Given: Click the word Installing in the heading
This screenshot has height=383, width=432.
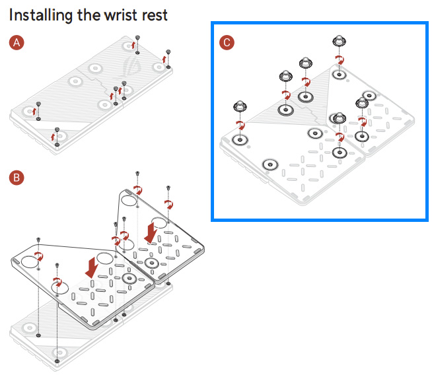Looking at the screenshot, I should [40, 15].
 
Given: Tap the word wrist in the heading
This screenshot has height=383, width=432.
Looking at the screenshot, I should [116, 15].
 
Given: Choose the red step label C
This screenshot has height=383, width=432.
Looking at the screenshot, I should [227, 43].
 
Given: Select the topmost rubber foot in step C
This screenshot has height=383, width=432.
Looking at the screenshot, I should [338, 43].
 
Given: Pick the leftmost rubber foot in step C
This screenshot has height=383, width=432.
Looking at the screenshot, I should [238, 106].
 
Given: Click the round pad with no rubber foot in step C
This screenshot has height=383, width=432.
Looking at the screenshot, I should [270, 164].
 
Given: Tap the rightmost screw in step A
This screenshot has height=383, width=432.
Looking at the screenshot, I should [168, 51].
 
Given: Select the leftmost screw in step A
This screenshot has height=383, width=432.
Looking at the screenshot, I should [38, 104].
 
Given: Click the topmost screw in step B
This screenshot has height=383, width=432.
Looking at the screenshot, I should [137, 173].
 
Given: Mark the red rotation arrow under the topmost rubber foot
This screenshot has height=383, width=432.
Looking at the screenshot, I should [340, 60].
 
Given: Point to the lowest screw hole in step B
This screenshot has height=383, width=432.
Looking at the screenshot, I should [57, 362].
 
